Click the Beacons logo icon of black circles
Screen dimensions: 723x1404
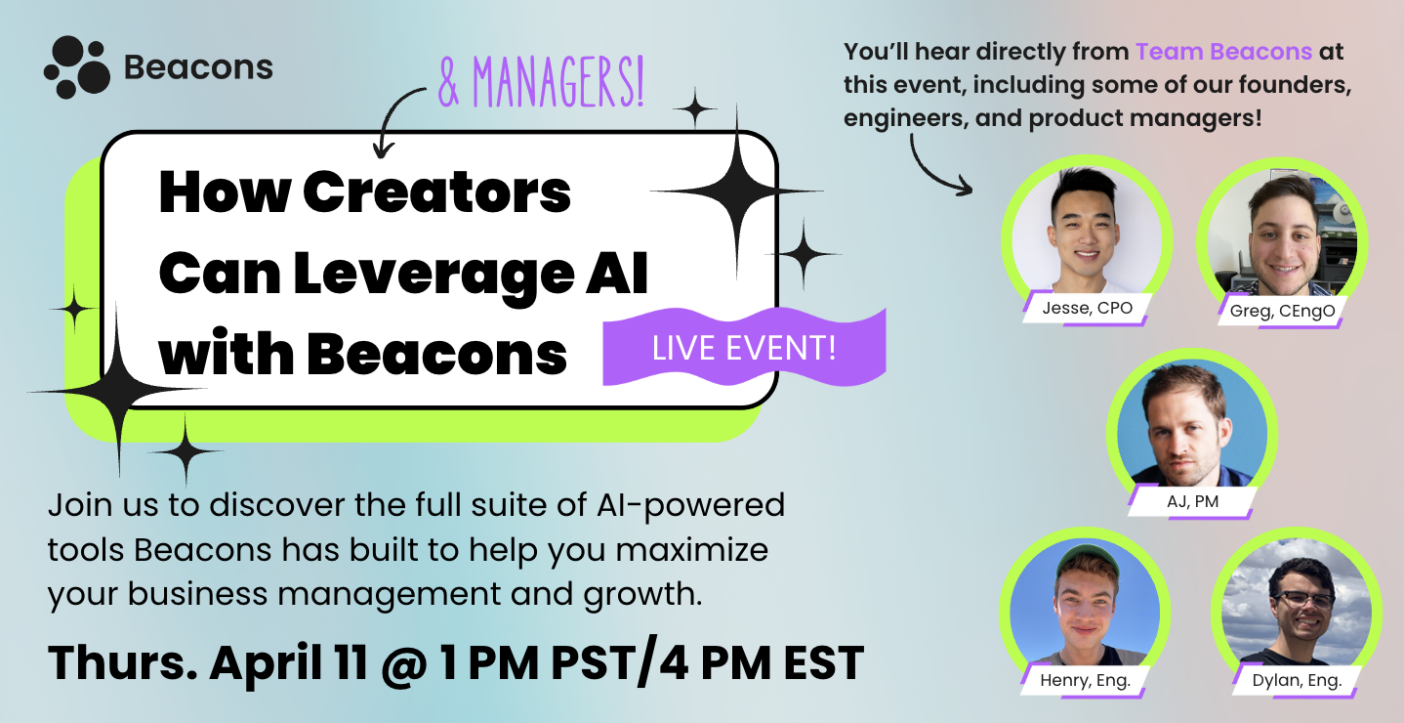pos(76,67)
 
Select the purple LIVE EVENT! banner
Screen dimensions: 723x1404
pos(744,348)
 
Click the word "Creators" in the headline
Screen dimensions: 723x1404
pos(437,193)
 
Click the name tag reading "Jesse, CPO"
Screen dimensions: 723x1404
pos(1087,308)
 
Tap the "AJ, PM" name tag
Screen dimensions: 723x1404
pos(1193,502)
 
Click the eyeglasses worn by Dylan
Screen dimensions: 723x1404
pos(1301,598)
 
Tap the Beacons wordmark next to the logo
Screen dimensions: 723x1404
pos(198,67)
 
